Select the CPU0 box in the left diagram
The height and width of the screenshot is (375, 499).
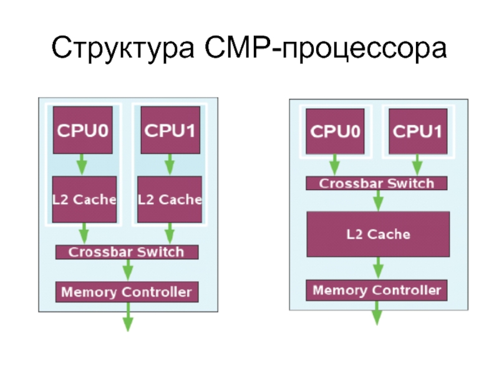[x=82, y=130]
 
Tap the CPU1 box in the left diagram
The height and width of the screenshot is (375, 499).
[x=170, y=130]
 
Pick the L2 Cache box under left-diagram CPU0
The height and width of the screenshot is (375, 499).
[x=84, y=199]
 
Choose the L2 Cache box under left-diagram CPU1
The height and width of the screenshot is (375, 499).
[x=170, y=199]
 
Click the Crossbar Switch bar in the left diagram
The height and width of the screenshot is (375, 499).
[x=127, y=252]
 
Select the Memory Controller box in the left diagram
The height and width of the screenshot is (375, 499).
[x=127, y=292]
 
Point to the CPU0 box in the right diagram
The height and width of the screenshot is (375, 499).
[x=336, y=131]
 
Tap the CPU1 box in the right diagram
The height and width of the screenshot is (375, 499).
[x=417, y=131]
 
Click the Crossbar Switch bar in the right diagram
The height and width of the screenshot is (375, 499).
[x=377, y=184]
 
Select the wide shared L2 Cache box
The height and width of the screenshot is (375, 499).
[x=378, y=234]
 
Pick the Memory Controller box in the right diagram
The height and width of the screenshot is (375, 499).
[x=377, y=290]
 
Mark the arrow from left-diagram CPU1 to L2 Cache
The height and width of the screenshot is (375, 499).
[x=169, y=165]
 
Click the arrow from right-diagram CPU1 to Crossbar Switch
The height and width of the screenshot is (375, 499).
[x=417, y=166]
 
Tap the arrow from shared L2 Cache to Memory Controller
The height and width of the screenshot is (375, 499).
[x=377, y=269]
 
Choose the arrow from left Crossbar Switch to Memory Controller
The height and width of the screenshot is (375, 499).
[x=127, y=271]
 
